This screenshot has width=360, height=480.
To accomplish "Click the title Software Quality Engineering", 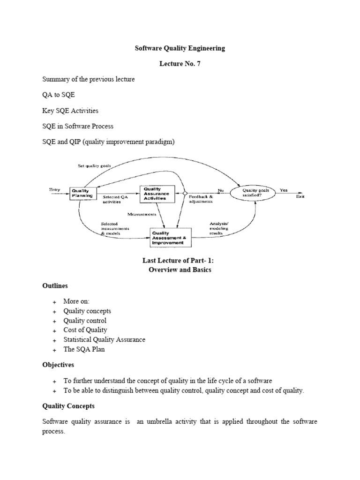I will pyautogui.click(x=180, y=48).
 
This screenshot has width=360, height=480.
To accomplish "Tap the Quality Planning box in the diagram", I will pyautogui.click(x=80, y=194).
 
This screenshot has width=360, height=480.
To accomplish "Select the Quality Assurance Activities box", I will pyautogui.click(x=157, y=193).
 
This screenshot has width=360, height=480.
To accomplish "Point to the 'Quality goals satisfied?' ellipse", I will pyautogui.click(x=256, y=193).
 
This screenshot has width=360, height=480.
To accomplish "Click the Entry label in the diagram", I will pyautogui.click(x=55, y=189).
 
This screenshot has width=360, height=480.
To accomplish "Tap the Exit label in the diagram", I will pyautogui.click(x=300, y=197).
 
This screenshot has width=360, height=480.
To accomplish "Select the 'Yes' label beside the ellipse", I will pyautogui.click(x=284, y=190).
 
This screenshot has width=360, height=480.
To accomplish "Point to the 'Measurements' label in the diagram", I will pyautogui.click(x=142, y=214).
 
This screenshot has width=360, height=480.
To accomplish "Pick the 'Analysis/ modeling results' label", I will pyautogui.click(x=219, y=228).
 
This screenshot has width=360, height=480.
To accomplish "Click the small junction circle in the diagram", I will pyautogui.click(x=185, y=193).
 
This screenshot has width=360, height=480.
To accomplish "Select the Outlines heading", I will pyautogui.click(x=55, y=285).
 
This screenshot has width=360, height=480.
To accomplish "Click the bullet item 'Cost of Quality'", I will pyautogui.click(x=85, y=330).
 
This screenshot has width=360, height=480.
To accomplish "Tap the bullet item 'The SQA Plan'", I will pyautogui.click(x=84, y=350).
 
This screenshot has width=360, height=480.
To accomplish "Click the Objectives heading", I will pyautogui.click(x=58, y=364).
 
